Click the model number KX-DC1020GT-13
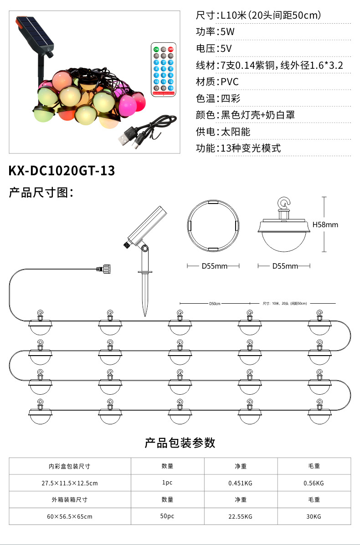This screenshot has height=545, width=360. click(x=62, y=171)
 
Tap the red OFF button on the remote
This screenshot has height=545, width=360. click(x=171, y=49)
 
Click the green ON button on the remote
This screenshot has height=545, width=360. click(x=156, y=49)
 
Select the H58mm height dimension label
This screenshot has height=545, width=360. click(x=325, y=224)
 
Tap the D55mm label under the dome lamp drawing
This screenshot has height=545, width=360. click(x=285, y=266)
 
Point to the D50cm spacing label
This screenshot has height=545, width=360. click(x=215, y=303)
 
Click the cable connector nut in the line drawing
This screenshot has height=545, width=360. click(x=107, y=269)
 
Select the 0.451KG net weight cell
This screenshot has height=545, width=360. click(x=240, y=483)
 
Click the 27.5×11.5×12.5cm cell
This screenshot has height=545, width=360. click(x=70, y=483)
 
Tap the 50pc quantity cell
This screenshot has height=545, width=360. click(x=167, y=516)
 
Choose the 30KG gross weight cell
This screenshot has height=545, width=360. click(x=314, y=516)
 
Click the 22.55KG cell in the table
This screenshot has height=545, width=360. click(x=240, y=516)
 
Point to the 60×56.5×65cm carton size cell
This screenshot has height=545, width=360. click(x=70, y=516)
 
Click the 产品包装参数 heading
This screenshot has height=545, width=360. click(x=180, y=443)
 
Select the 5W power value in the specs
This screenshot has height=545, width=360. click(x=227, y=32)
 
